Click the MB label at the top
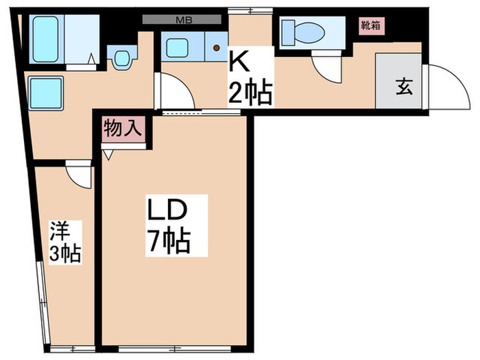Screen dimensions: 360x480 [x=184, y=19]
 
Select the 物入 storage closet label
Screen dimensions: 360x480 [x=124, y=128]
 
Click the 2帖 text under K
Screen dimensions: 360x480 [x=251, y=91]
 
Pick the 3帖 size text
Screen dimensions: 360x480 [x=66, y=254]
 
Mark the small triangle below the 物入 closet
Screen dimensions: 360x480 [x=108, y=156]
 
